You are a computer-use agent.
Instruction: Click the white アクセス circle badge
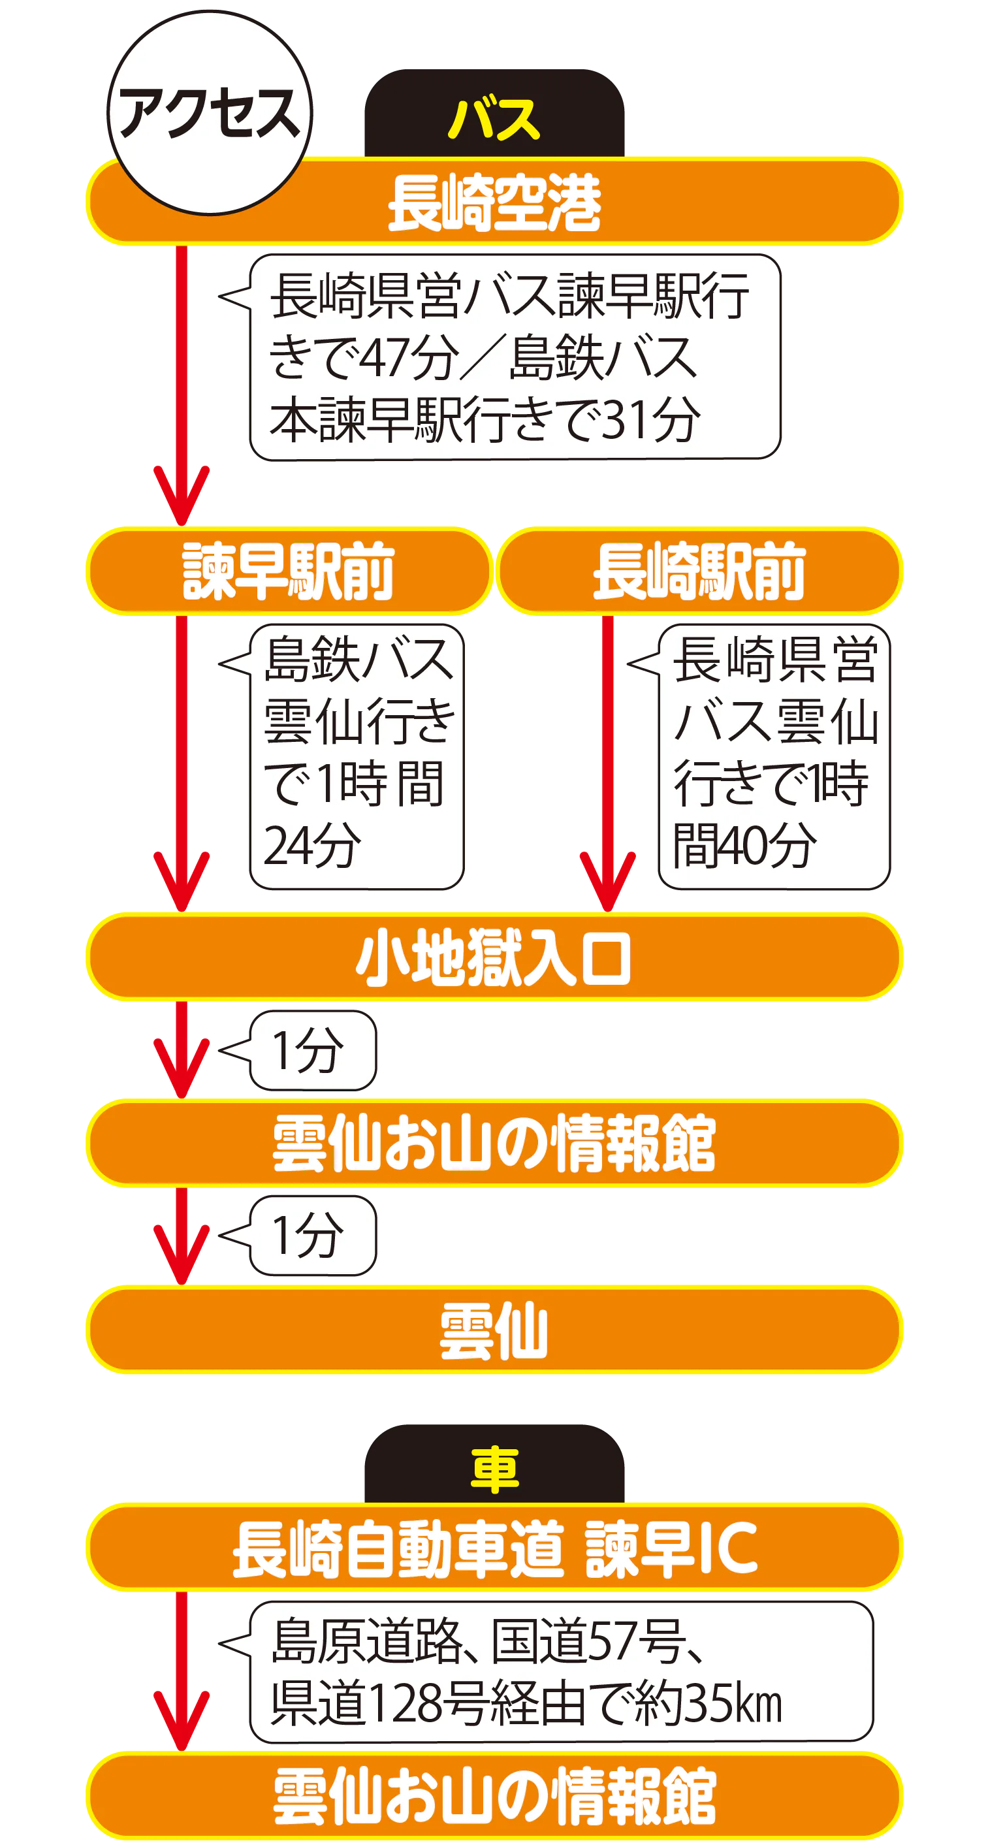click(x=209, y=112)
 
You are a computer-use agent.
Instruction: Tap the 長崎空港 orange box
click(x=494, y=203)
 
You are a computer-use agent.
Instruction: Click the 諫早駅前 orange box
click(x=289, y=570)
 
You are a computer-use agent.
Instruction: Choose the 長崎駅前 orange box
click(x=699, y=570)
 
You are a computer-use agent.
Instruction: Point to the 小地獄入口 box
click(x=494, y=957)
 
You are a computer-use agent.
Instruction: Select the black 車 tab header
click(x=494, y=1466)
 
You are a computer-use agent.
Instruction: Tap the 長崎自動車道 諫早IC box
click(x=494, y=1548)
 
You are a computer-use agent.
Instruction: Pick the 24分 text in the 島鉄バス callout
click(x=312, y=845)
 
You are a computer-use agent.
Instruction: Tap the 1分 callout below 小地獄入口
click(x=312, y=1050)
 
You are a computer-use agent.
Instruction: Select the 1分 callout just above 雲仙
click(x=312, y=1236)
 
